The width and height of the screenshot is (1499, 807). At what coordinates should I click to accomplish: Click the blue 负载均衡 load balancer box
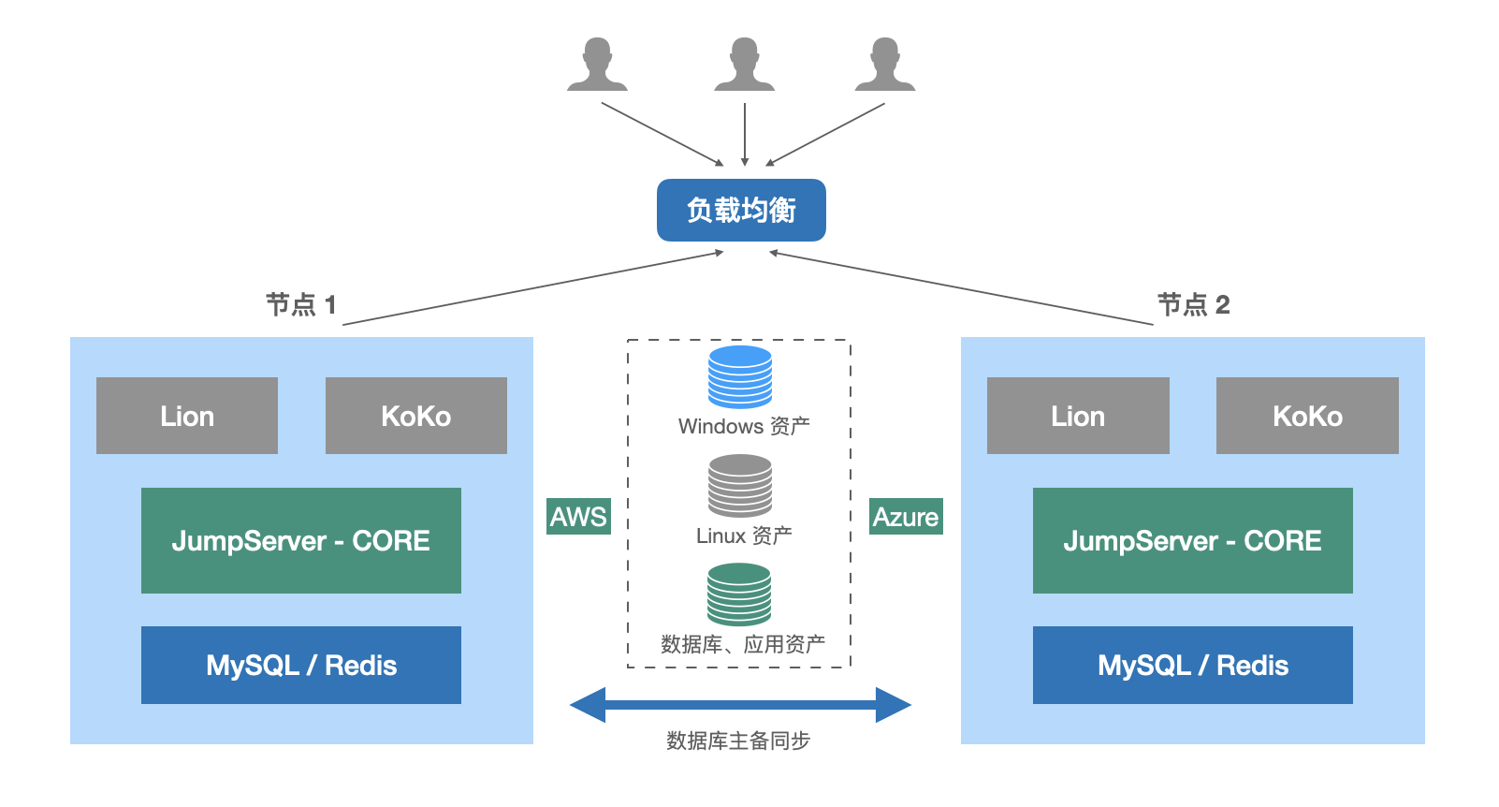click(741, 211)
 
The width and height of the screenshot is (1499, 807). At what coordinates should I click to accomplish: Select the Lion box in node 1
click(187, 416)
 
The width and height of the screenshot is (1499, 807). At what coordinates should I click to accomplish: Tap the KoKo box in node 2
click(1307, 416)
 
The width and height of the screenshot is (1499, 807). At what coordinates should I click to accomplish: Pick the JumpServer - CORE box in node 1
click(301, 540)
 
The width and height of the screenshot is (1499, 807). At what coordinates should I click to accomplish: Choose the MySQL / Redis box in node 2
click(1193, 665)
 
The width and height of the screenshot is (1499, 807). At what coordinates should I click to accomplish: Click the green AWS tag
click(579, 516)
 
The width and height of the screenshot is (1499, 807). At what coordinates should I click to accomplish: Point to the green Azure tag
click(906, 516)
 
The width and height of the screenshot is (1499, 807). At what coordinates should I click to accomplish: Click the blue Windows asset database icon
click(740, 376)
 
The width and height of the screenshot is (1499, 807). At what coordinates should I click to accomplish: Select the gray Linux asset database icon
click(740, 485)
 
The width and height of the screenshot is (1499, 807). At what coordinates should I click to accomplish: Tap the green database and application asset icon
click(739, 594)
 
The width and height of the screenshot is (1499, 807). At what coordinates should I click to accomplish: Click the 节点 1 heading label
click(300, 304)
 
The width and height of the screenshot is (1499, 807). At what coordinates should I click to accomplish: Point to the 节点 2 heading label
click(1193, 304)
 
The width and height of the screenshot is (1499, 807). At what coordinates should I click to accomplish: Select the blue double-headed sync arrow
click(740, 705)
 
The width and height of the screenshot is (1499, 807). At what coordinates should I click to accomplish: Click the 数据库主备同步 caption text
click(738, 741)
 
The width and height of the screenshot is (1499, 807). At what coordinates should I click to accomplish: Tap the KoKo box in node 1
click(416, 416)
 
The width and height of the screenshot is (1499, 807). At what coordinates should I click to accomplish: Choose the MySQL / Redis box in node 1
click(301, 665)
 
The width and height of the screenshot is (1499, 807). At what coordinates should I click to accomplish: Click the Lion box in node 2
click(1078, 416)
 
